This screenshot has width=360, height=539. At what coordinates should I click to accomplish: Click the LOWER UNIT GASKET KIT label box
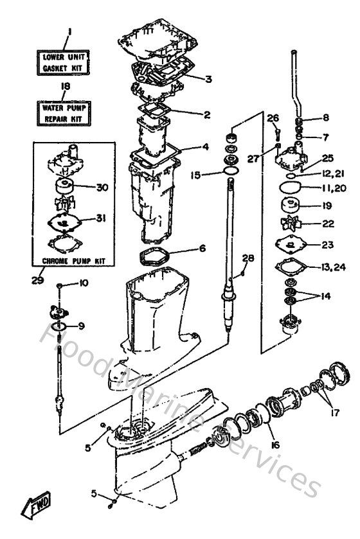pos(63,61)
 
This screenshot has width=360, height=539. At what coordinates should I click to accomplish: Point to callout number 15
pos(196,174)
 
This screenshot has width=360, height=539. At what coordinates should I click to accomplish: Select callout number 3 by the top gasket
pos(208,80)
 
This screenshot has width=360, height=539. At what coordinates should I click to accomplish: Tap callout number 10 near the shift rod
pos(84,283)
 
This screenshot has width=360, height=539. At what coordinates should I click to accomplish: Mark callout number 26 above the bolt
pos(273,118)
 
